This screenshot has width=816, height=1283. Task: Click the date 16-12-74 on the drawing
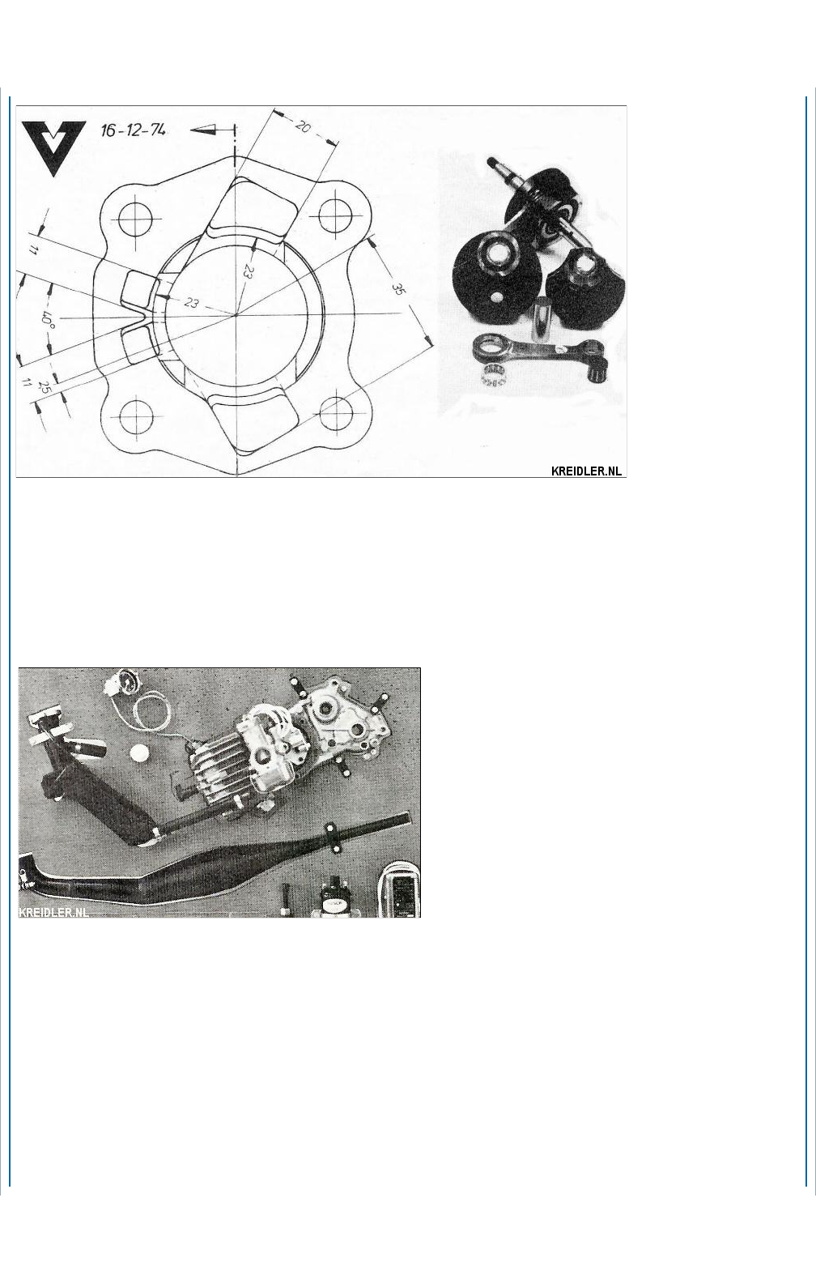click(x=134, y=130)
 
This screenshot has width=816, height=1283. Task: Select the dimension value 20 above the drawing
click(x=303, y=126)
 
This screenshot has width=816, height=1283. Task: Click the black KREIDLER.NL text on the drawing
click(x=586, y=471)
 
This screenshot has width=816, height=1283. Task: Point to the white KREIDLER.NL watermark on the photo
click(x=53, y=912)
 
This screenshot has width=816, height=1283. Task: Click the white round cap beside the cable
click(x=138, y=752)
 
